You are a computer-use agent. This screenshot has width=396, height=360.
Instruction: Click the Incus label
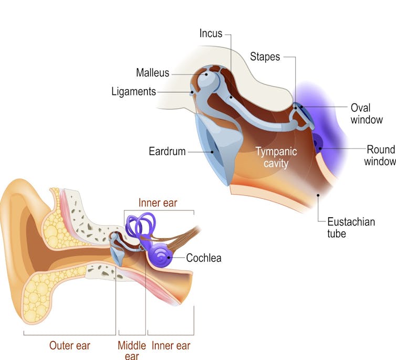[x=211, y=34]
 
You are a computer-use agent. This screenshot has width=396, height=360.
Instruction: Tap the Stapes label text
[x=265, y=57]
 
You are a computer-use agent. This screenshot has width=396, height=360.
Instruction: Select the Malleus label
[x=153, y=72]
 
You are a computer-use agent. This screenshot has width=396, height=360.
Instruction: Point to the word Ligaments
[x=133, y=92]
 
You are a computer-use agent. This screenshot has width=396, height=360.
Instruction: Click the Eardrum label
[x=167, y=152]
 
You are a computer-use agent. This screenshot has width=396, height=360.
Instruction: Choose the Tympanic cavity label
[x=276, y=157]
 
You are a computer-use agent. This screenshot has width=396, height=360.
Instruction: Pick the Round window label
[x=380, y=155]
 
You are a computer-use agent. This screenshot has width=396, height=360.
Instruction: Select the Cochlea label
[x=204, y=258]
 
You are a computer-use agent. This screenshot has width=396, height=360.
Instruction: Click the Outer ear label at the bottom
[x=70, y=345]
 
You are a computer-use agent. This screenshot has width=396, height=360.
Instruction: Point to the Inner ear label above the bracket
[x=158, y=203]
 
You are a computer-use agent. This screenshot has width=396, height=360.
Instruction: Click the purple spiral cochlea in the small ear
[x=165, y=257]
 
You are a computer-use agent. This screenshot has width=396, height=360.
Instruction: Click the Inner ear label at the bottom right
[x=171, y=345]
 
